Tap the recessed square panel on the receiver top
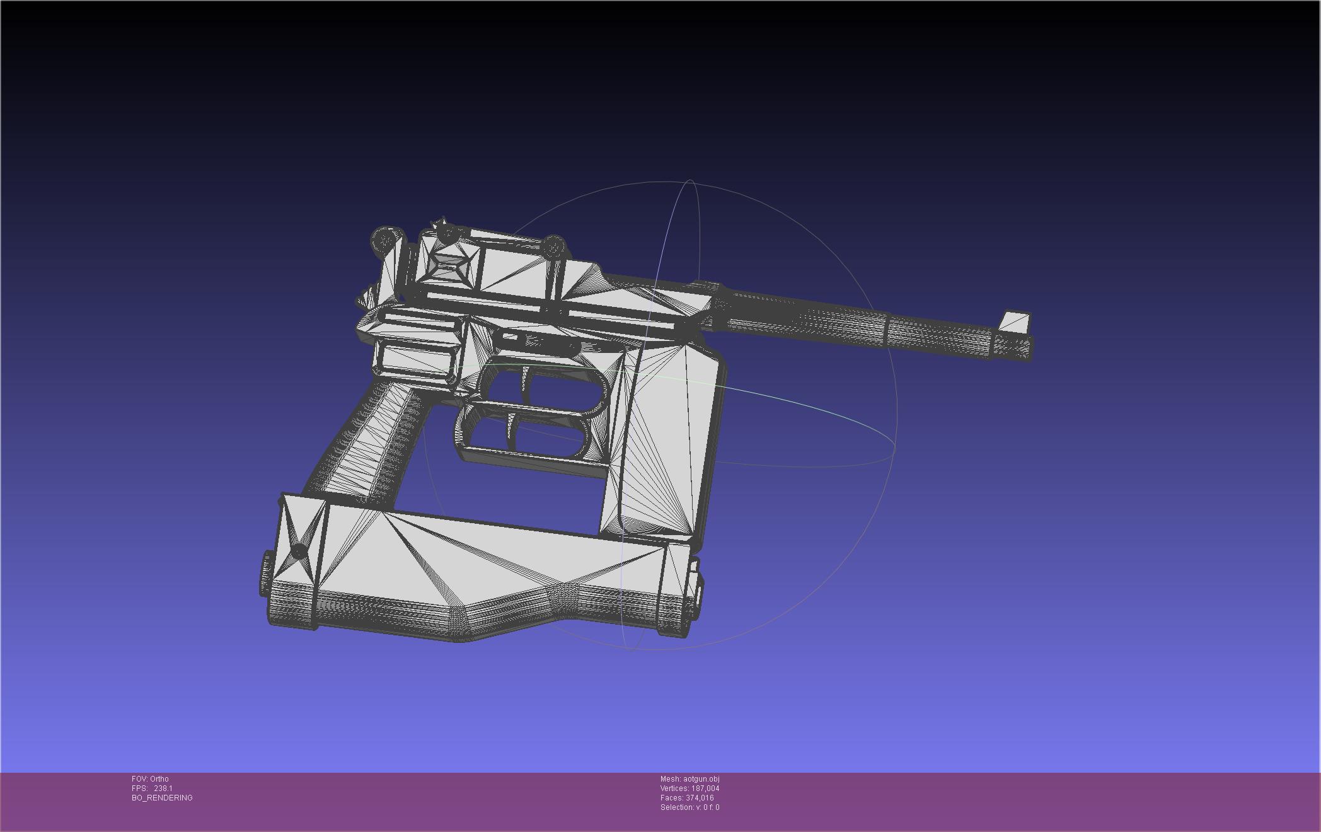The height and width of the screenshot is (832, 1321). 449,268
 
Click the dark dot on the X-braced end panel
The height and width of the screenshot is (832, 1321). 299,552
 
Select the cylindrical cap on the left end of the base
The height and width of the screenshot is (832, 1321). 266,574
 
